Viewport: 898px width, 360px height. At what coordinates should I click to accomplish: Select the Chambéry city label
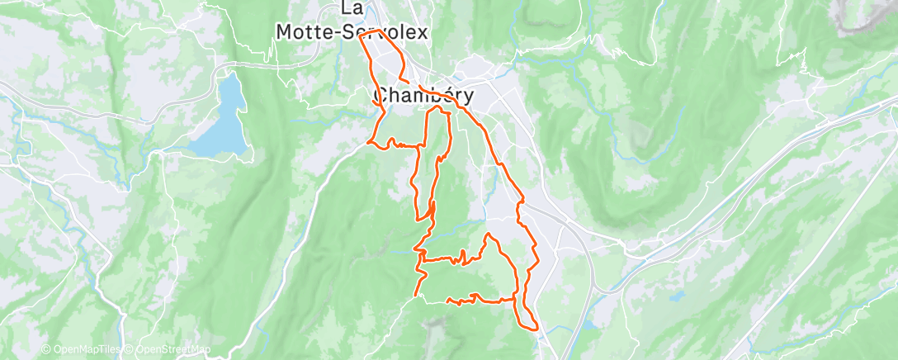point(424,96)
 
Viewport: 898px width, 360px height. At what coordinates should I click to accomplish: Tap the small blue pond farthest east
point(678,294)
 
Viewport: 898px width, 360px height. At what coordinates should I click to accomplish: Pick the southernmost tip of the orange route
point(536,329)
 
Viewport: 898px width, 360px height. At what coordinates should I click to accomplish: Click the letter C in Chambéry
point(380,96)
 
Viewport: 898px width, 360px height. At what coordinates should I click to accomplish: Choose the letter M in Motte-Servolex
point(283,31)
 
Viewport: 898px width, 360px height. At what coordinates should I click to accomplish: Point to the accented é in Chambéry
point(445,95)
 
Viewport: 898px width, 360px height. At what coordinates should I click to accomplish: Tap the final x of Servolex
point(423,31)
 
